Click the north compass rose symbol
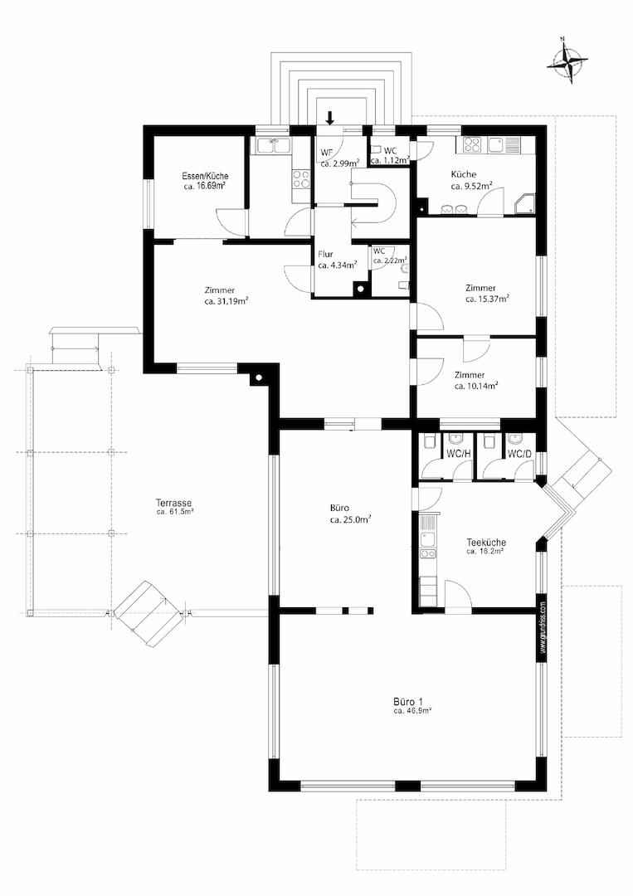point(567,60)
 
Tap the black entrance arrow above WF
point(329,118)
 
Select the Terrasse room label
point(173,504)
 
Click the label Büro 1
point(408,702)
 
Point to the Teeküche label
point(486,543)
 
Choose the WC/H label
point(458,455)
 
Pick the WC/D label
point(519,455)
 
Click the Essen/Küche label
point(205,177)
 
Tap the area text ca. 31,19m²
point(226,300)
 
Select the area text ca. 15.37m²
point(487,299)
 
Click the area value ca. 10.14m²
point(476,386)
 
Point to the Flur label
point(326,255)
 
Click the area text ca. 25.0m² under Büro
point(351,519)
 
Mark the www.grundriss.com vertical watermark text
point(543,627)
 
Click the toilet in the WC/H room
point(429,441)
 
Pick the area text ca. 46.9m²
point(412,712)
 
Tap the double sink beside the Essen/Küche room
point(274,145)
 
